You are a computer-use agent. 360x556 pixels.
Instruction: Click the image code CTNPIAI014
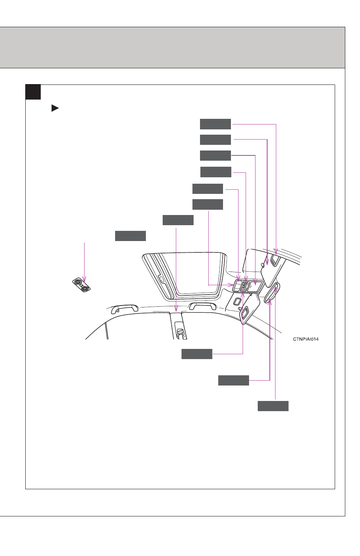[x=306, y=339]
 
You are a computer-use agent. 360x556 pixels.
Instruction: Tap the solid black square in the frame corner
[x=33, y=92]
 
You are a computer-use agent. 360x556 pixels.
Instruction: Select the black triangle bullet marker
[x=55, y=108]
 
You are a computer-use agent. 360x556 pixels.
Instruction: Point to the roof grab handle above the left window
[x=125, y=309]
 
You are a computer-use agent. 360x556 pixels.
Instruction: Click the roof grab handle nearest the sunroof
[x=202, y=306]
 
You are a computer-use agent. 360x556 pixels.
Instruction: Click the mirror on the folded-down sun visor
[x=245, y=312]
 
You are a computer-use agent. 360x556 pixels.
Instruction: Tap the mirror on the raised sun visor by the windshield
[x=275, y=260]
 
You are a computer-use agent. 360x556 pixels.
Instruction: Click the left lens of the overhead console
[x=237, y=286]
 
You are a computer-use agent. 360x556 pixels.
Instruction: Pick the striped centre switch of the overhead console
[x=245, y=286]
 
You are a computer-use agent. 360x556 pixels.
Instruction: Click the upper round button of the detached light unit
[x=78, y=282]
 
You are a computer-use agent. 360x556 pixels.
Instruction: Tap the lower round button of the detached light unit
[x=85, y=288]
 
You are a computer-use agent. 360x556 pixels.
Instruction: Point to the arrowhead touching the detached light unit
[x=84, y=280]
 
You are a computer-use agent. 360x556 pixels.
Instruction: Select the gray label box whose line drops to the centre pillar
[x=178, y=220]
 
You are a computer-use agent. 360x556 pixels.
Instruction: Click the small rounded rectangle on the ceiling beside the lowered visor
[x=237, y=301]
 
